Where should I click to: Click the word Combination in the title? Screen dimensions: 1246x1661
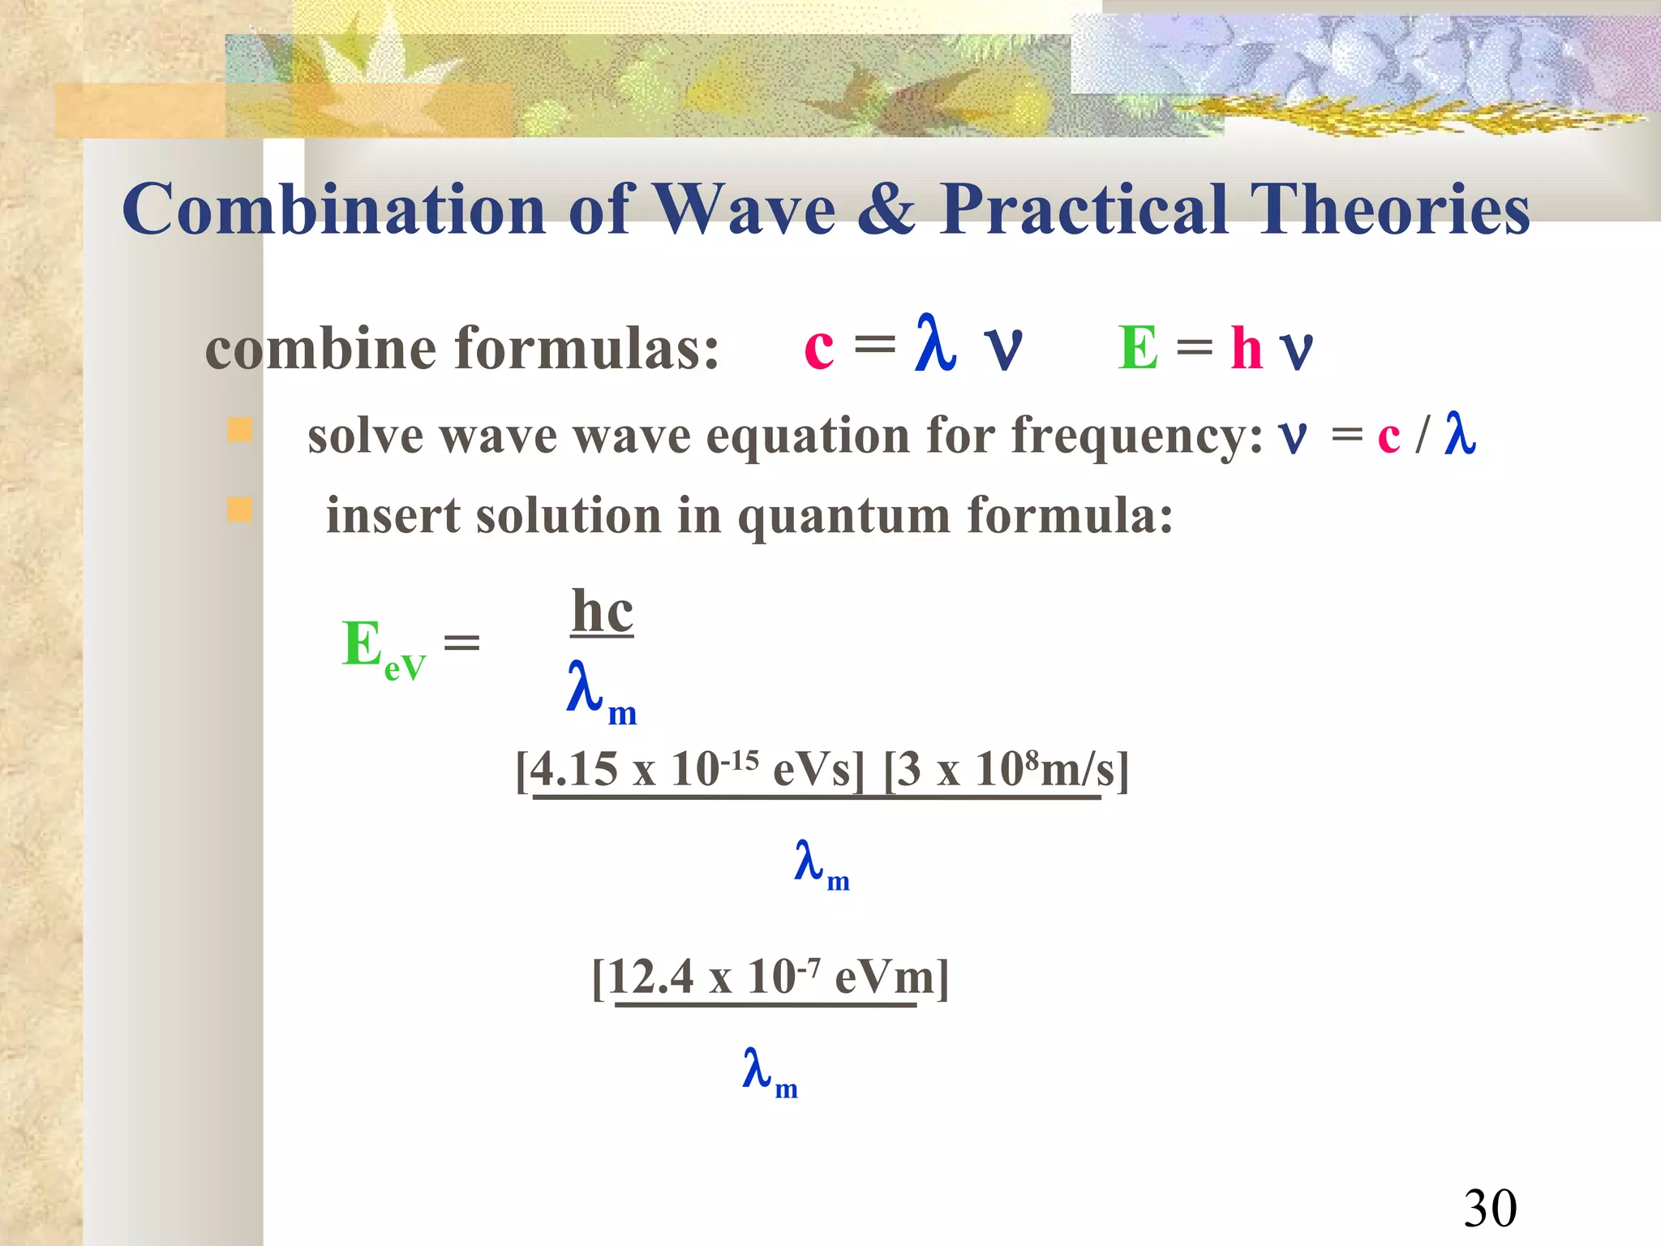333,209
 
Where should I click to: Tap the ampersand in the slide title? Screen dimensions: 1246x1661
887,209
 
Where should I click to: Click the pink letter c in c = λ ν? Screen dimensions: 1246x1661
818,348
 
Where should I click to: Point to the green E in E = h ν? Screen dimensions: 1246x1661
1137,348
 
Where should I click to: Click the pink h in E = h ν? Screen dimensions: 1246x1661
1246,348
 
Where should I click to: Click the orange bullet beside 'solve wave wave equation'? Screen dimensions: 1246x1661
239,429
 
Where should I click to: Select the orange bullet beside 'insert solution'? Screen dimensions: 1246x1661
239,509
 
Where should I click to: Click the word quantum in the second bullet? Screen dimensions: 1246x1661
843,517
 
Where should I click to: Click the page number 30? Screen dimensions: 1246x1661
1490,1209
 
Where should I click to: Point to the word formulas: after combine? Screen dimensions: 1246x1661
586,349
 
